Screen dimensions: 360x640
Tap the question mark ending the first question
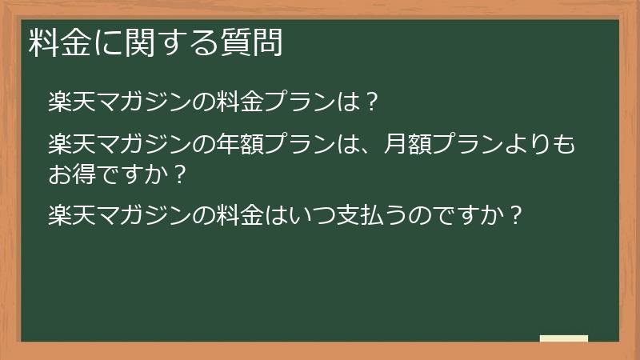tap(370, 102)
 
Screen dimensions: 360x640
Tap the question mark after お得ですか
tap(181, 174)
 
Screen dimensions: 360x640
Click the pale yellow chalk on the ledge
tap(563, 338)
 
